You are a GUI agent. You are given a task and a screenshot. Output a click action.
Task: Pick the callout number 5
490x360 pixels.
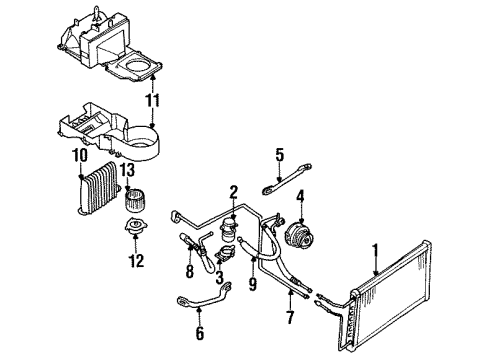(280, 155)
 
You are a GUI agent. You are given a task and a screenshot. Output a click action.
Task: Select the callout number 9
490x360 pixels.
(254, 284)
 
